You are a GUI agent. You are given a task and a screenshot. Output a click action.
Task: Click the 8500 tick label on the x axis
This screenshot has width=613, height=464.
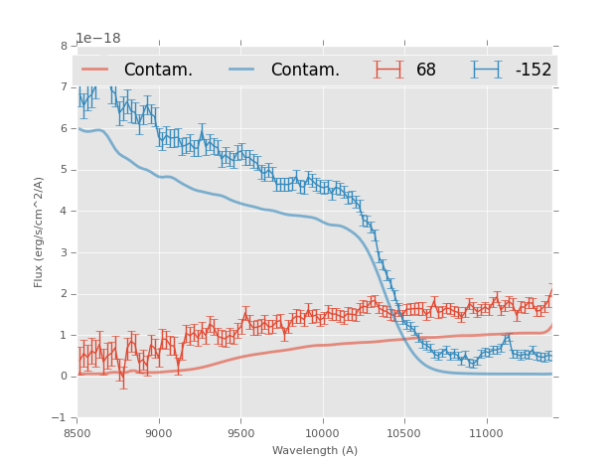click(77, 433)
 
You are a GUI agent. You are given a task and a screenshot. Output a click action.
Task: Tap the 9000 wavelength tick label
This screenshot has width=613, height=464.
click(159, 433)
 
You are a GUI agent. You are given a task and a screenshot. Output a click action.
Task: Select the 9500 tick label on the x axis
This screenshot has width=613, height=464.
click(240, 433)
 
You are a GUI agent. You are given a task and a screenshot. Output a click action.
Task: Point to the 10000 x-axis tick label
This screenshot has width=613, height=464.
click(322, 433)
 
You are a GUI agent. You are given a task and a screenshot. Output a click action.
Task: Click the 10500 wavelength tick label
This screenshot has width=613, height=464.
click(403, 433)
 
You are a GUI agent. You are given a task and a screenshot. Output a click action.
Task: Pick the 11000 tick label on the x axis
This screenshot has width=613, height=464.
click(485, 433)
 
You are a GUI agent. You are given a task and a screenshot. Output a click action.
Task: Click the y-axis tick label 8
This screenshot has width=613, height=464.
click(64, 46)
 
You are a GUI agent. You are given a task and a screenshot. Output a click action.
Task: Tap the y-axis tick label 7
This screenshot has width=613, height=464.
click(64, 87)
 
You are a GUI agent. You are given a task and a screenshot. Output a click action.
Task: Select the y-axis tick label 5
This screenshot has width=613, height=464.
click(64, 170)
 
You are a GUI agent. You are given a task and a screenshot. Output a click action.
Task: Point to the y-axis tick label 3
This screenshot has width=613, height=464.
click(64, 252)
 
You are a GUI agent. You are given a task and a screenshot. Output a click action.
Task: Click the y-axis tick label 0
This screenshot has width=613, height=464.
click(64, 377)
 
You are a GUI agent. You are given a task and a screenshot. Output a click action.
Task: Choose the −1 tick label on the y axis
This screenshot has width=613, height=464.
click(61, 418)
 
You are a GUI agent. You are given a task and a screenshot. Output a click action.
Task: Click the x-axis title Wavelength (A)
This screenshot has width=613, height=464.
click(315, 450)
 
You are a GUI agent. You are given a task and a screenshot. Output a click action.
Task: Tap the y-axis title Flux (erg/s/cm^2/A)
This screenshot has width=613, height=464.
click(40, 232)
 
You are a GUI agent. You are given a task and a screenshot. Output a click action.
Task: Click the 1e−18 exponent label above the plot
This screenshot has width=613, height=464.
click(98, 39)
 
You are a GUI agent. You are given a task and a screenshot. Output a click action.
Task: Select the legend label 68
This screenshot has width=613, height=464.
click(426, 71)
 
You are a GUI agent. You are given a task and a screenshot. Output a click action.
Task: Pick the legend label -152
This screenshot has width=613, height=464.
click(533, 71)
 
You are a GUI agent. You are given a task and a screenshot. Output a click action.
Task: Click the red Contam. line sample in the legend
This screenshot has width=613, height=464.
click(95, 70)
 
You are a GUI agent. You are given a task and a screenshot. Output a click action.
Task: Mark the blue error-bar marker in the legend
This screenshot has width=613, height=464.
click(486, 70)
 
